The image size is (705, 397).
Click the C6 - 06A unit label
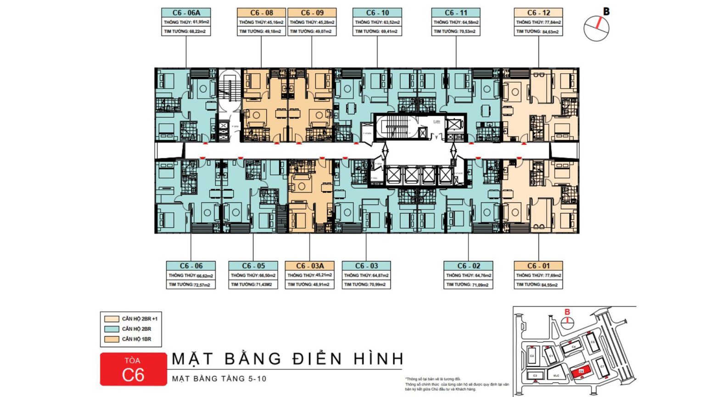(x=186, y=13)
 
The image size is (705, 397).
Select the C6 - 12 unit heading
(x=538, y=13)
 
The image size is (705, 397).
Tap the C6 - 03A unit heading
(x=310, y=266)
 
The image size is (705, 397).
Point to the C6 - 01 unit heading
(x=538, y=266)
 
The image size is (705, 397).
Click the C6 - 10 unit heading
(x=377, y=13)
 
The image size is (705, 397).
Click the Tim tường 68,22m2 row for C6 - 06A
(x=186, y=31)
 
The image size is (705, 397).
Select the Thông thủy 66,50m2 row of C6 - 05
(x=253, y=275)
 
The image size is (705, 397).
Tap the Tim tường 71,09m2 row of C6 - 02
(x=468, y=285)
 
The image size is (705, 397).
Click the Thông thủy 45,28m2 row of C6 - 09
(x=312, y=22)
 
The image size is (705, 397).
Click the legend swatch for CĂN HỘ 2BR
(x=112, y=329)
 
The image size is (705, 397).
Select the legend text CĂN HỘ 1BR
(x=136, y=339)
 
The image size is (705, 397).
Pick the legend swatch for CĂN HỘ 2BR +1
(x=112, y=319)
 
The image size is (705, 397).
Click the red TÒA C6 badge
(x=133, y=369)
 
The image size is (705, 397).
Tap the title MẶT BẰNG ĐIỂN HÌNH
(x=288, y=359)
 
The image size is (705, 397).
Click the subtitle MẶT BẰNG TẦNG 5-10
(x=219, y=379)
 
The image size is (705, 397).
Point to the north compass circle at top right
(x=596, y=28)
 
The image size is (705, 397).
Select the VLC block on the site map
(x=556, y=375)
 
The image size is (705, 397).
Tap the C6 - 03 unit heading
(x=366, y=266)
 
